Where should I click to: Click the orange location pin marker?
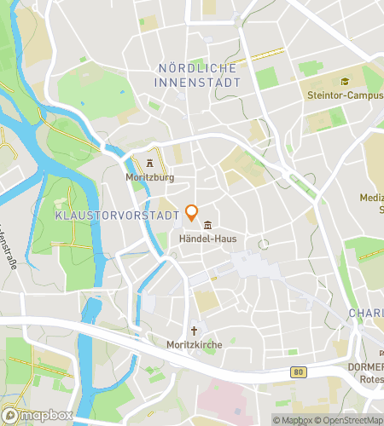tap(192, 213)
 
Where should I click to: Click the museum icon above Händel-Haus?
tap(209, 225)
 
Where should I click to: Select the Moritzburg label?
tap(149, 176)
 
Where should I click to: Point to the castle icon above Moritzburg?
tap(150, 162)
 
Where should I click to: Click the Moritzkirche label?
tap(194, 345)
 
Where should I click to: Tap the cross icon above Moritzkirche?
tap(194, 331)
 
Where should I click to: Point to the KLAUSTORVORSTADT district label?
tap(115, 216)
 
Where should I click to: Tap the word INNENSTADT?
tap(198, 82)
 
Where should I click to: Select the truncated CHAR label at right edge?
tap(367, 314)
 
